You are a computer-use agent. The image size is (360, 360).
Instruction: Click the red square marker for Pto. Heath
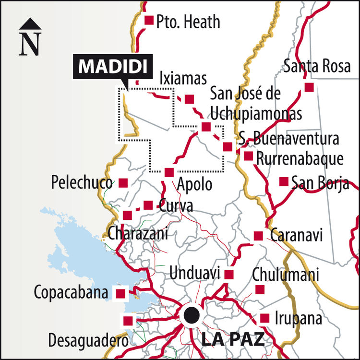(x=149, y=20)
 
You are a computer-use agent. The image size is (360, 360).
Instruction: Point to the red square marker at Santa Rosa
(x=309, y=87)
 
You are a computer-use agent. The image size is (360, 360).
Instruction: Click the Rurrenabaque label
(x=300, y=158)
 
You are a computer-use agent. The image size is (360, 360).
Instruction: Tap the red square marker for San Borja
(x=284, y=181)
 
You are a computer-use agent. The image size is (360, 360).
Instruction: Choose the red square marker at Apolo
(x=168, y=172)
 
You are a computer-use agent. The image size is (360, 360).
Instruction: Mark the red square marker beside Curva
(x=148, y=205)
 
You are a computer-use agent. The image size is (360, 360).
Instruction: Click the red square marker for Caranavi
(x=258, y=236)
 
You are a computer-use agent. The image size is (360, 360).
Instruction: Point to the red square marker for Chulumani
(x=260, y=290)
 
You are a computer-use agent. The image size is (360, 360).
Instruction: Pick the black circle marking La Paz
(x=191, y=315)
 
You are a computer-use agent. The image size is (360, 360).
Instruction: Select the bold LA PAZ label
(x=233, y=339)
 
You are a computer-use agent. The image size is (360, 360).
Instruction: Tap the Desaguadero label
(x=88, y=341)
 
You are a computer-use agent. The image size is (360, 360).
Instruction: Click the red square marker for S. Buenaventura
(x=228, y=147)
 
